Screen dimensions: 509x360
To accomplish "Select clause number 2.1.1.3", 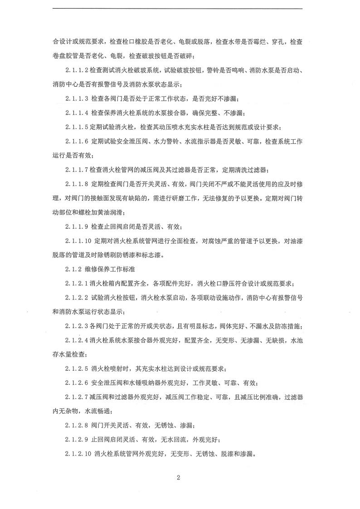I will [77, 99].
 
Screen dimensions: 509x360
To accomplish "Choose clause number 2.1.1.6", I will [77, 142].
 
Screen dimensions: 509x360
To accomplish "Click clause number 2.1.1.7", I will [77, 170].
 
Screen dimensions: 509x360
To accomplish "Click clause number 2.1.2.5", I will [77, 368].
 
